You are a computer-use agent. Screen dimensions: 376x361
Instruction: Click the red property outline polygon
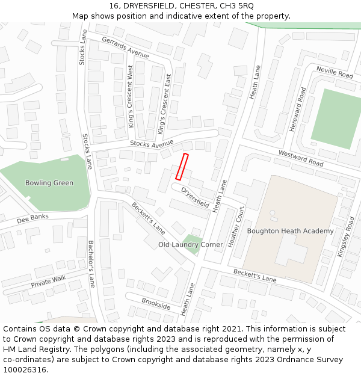[x=182, y=167]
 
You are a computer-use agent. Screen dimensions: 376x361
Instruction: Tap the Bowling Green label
[x=49, y=183]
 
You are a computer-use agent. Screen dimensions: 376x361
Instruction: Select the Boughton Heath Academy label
[x=290, y=231]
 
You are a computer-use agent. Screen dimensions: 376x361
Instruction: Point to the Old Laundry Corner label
[x=190, y=245]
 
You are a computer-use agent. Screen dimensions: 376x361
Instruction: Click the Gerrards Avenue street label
[x=125, y=48]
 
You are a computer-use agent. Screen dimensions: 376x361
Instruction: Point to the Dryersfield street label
[x=195, y=197]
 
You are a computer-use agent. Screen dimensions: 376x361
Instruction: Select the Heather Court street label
[x=236, y=227]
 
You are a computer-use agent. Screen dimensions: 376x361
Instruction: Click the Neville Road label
[x=335, y=73]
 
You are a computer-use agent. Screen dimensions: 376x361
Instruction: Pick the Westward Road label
[x=300, y=158]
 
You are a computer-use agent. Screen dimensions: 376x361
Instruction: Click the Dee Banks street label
[x=32, y=217]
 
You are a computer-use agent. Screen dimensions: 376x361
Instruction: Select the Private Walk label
[x=49, y=281]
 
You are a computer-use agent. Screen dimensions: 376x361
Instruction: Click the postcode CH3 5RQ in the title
[x=237, y=5]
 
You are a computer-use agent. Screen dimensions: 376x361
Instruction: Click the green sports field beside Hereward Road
[x=335, y=119]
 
